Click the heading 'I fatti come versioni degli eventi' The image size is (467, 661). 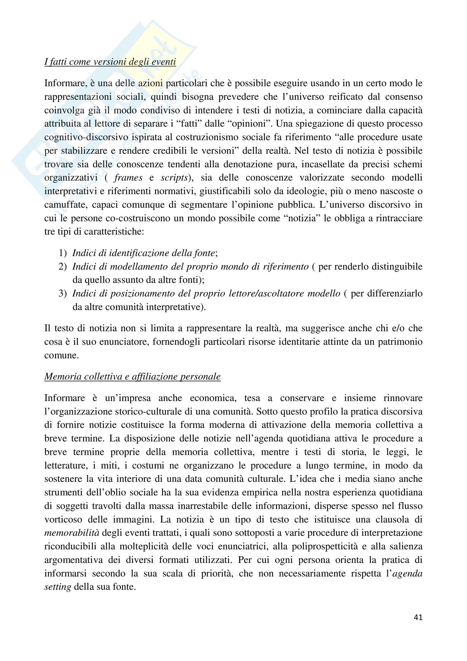tap(110, 62)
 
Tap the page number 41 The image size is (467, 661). tap(418, 617)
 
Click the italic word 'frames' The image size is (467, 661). tap(128, 178)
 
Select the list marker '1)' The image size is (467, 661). tap(63, 253)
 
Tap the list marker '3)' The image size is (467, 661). tap(63, 294)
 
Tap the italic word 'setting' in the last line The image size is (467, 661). tap(58, 587)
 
